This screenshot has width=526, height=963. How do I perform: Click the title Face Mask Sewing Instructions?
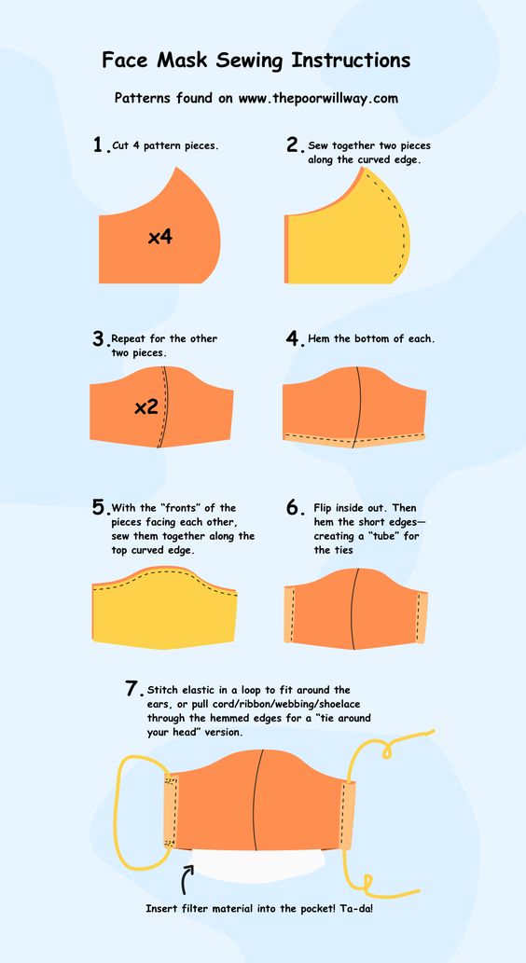pyautogui.click(x=256, y=61)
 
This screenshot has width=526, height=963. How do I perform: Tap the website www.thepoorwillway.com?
pyautogui.click(x=318, y=98)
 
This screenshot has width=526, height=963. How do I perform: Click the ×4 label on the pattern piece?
pyautogui.click(x=159, y=237)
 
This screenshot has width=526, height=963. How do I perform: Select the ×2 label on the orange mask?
pyautogui.click(x=146, y=406)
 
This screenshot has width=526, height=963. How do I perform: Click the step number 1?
pyautogui.click(x=100, y=144)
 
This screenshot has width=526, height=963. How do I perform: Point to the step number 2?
pyautogui.click(x=295, y=144)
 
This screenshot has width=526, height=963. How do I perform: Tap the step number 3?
pyautogui.click(x=100, y=339)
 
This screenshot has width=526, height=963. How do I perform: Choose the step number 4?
pyautogui.click(x=295, y=339)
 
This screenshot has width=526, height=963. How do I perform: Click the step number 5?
pyautogui.click(x=100, y=507)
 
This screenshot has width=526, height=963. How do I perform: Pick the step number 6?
pyautogui.click(x=295, y=507)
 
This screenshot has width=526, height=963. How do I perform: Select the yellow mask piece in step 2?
pyautogui.click(x=347, y=233)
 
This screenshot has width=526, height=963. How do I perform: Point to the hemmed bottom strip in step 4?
pyautogui.click(x=354, y=439)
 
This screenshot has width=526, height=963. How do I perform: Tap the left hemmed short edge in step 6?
pyautogui.click(x=289, y=614)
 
